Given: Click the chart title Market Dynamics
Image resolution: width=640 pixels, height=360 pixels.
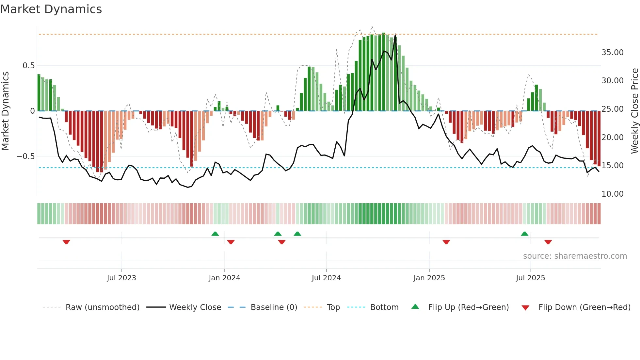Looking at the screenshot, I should pos(51,9).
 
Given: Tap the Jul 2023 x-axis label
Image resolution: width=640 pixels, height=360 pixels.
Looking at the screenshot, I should pos(121,278).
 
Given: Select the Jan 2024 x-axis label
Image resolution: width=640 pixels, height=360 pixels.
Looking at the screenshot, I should pos(224,278).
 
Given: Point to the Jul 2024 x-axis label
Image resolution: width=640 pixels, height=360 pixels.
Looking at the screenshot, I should pos(326,278).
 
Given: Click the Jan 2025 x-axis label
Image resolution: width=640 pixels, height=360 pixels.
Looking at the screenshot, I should pos(429,278).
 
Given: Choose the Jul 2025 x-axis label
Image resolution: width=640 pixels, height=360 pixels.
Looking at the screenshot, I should pos(531,278).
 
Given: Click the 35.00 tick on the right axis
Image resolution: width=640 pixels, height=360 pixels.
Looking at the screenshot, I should pos(612,53).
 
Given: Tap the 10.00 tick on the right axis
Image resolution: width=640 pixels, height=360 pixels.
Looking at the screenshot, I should pos(612,194).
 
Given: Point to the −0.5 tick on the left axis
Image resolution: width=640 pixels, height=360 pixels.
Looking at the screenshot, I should pos(25,156).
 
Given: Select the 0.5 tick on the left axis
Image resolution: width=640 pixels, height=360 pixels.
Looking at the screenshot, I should pos(28,66).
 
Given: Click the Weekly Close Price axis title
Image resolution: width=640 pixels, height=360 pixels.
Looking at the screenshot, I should pos(634,111).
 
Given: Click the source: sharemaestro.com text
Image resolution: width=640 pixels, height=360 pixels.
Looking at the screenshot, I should pos(575,256).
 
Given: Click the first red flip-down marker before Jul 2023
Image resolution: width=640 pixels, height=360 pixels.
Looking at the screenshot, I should pos(66,242).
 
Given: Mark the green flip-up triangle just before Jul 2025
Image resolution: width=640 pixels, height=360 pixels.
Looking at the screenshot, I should pos(524,234).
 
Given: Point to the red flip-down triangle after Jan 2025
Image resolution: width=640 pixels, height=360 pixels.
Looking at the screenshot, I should pos(446,242).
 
